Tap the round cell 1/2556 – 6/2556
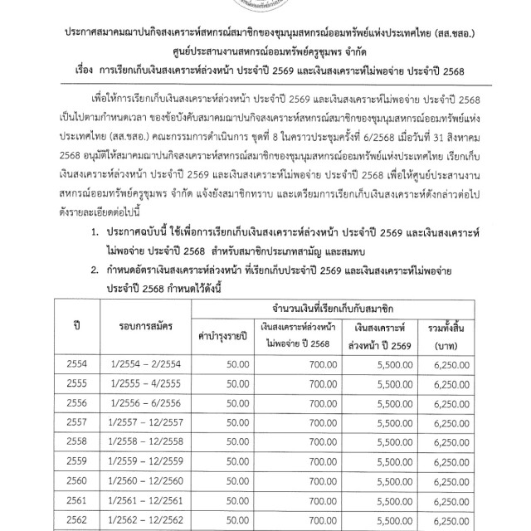(139, 421)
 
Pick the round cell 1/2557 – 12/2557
(139, 441)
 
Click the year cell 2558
(76, 460)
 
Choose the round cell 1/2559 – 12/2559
(139, 479)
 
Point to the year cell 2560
(76, 499)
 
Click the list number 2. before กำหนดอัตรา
(96, 265)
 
